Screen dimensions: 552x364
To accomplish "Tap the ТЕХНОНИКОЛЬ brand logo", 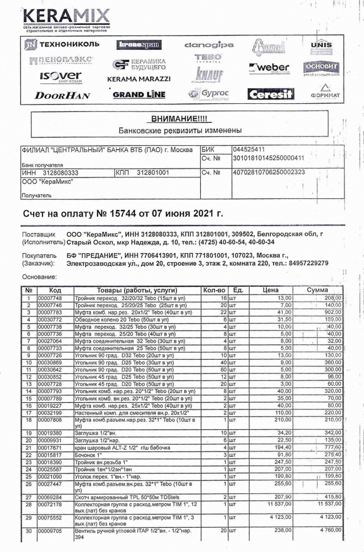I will pyautogui.click(x=61, y=44).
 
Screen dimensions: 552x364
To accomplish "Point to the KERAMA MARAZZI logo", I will pyautogui.click(x=138, y=79).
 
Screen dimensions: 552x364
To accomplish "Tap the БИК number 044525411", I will pyautogui.click(x=249, y=149).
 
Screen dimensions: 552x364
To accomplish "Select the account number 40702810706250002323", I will pyautogui.click(x=269, y=172).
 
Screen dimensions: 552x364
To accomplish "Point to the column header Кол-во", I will pyautogui.click(x=215, y=290).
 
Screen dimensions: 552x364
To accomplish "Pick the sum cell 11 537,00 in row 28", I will pyautogui.click(x=325, y=505).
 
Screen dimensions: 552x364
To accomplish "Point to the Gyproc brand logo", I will pyautogui.click(x=208, y=94).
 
